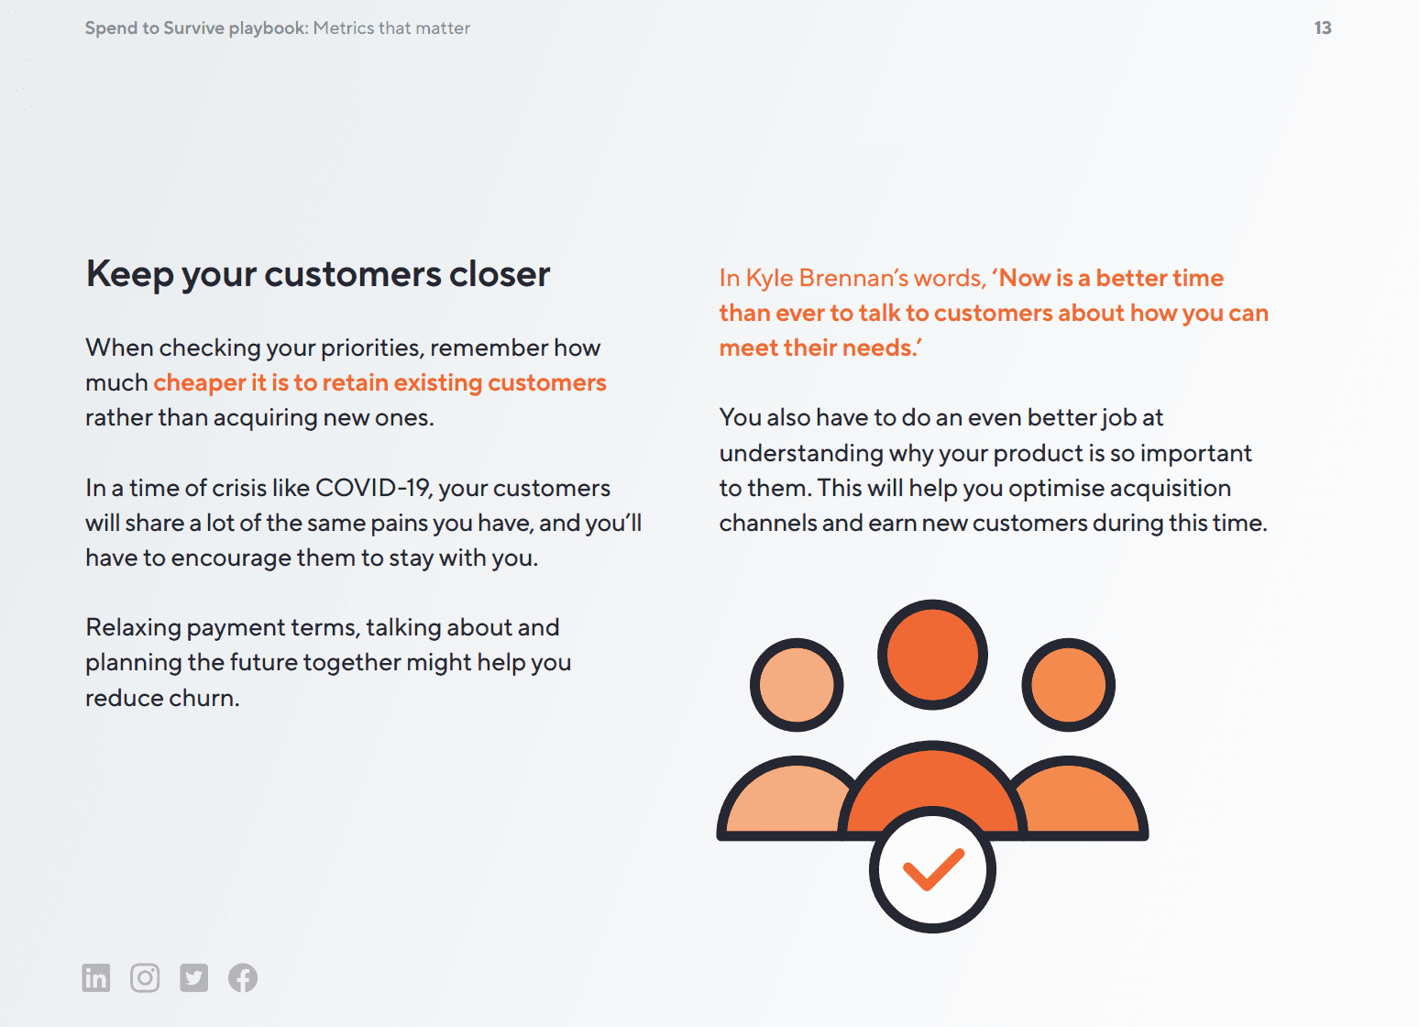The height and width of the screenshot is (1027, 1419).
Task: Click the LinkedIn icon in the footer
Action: pyautogui.click(x=95, y=977)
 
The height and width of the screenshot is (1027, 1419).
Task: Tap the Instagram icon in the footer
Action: pyautogui.click(x=145, y=977)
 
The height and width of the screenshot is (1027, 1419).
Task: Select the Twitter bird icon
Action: pyautogui.click(x=193, y=977)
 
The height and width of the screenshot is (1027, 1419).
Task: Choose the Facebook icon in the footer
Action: pyautogui.click(x=243, y=977)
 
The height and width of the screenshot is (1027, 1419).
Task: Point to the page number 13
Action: pyautogui.click(x=1323, y=28)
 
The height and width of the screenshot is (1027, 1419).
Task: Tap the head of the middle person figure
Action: pyautogui.click(x=932, y=655)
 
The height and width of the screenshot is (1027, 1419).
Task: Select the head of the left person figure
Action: pyautogui.click(x=797, y=685)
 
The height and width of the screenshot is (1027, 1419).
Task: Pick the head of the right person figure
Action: pyautogui.click(x=1068, y=685)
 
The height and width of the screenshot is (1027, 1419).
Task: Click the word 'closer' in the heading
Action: pyautogui.click(x=500, y=274)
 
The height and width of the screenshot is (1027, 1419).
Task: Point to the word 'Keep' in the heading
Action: pyautogui.click(x=129, y=275)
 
